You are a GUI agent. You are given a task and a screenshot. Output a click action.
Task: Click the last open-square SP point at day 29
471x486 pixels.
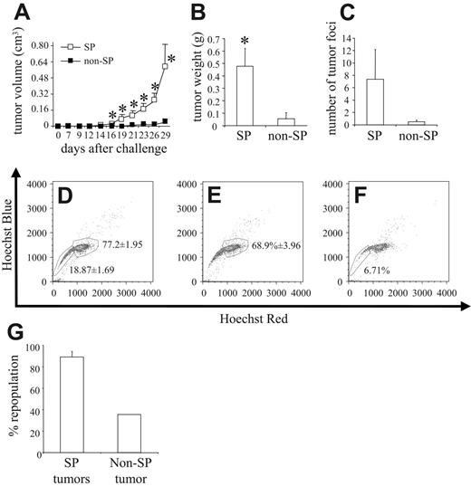[165, 67]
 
